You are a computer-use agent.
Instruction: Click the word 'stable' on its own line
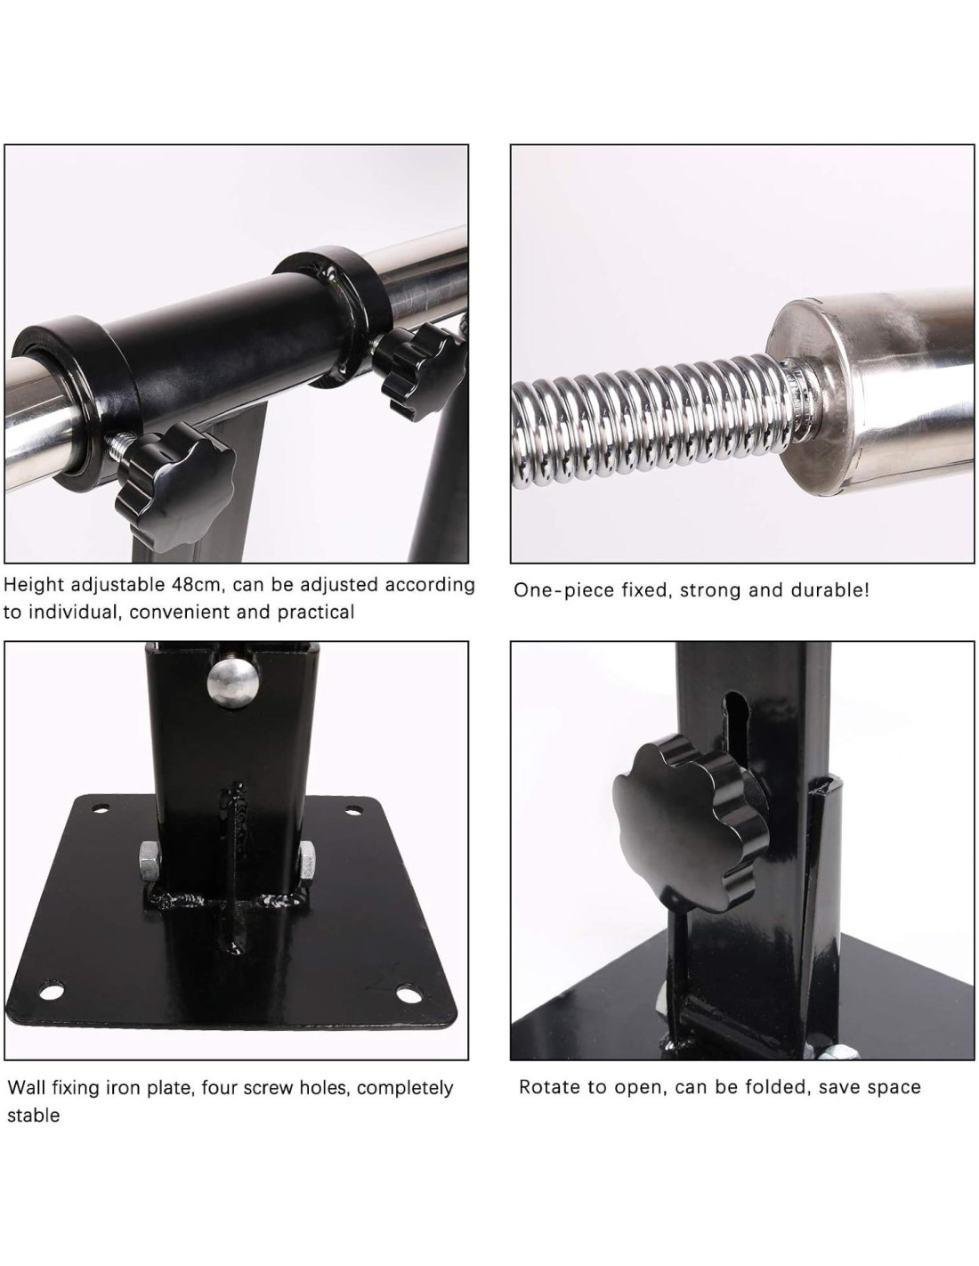point(33,1116)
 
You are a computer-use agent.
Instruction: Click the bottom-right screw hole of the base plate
point(410,994)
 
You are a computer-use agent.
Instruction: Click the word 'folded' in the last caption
point(768,1087)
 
